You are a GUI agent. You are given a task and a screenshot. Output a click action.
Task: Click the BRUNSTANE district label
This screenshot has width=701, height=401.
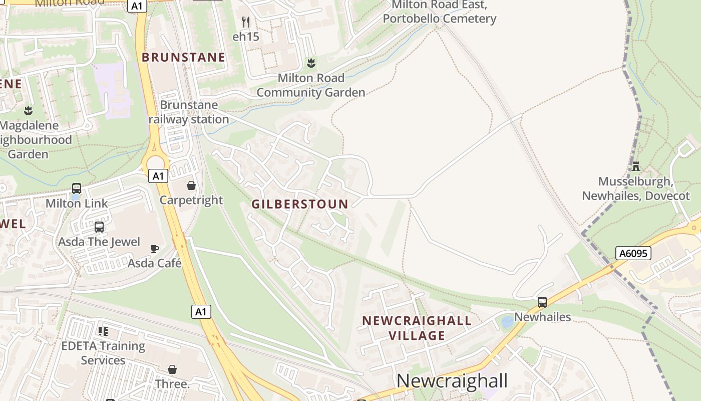[x=183, y=57]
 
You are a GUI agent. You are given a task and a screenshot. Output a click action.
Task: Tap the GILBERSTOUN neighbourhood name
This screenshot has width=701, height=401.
[x=300, y=204]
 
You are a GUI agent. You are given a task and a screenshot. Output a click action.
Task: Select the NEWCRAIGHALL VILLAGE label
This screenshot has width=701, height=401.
[x=417, y=328]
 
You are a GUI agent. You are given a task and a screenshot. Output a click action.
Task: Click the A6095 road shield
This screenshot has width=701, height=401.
[x=633, y=253]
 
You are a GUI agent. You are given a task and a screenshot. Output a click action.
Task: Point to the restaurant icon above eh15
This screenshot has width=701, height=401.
[x=245, y=22]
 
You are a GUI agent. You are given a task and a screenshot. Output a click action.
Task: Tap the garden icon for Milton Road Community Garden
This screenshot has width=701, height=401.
[x=311, y=63]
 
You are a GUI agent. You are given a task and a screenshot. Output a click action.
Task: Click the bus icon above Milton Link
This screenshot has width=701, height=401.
[x=77, y=188]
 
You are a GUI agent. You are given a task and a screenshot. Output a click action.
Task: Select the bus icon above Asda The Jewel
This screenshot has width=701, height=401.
[x=99, y=227]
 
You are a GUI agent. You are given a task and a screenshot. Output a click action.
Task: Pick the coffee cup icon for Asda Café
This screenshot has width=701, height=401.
[x=155, y=249]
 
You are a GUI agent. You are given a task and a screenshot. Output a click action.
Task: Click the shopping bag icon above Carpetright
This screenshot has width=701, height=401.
[x=191, y=185]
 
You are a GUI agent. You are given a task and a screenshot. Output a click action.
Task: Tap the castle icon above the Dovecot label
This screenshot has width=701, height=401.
[x=636, y=166]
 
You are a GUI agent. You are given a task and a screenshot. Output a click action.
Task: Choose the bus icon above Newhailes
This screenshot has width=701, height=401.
[x=542, y=302]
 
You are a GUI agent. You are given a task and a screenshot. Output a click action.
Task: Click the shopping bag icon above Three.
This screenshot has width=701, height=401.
[x=172, y=369]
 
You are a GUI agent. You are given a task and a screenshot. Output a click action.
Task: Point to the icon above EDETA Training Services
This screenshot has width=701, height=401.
[x=103, y=331]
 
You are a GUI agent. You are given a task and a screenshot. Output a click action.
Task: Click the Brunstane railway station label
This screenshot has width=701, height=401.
[x=189, y=112]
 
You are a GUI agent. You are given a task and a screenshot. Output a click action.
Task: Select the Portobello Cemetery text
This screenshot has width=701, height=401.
[x=439, y=19]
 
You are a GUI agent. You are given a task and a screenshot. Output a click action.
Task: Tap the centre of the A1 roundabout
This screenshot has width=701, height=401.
[x=156, y=163]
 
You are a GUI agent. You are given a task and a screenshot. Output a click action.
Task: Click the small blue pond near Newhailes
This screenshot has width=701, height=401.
[x=507, y=322]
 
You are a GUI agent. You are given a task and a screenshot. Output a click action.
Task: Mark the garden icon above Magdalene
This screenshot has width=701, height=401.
[x=28, y=110]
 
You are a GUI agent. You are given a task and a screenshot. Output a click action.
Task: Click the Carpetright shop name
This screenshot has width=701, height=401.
[x=191, y=200]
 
